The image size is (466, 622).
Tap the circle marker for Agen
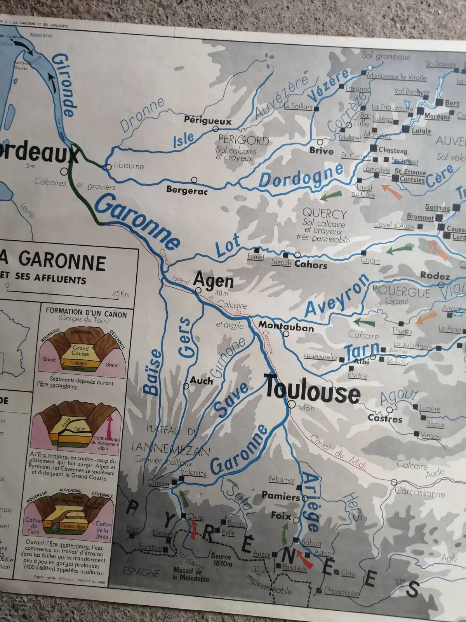pyautogui.click(x=198, y=290)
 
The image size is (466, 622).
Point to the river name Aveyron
pyautogui.click(x=337, y=297)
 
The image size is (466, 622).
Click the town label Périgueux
pyautogui.click(x=207, y=121)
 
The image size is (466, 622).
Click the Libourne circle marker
pyautogui.click(x=108, y=167)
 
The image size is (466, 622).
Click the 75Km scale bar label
pyautogui.click(x=120, y=294)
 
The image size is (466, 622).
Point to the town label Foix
pyautogui.click(x=281, y=516)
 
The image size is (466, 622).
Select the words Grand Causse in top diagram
pyautogui.click(x=80, y=351)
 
